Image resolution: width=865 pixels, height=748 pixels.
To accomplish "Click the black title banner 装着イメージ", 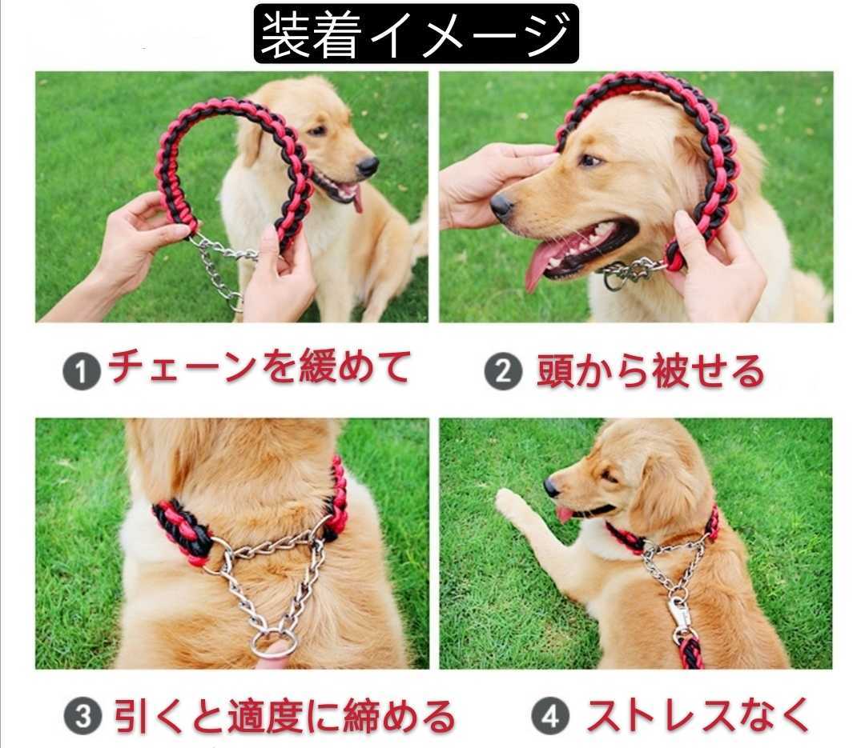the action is coord(416,33).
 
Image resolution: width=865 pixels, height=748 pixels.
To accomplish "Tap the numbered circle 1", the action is coord(82,372).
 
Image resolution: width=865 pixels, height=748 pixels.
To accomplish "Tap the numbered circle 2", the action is coord(503,371).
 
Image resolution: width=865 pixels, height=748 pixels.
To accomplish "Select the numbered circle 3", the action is coord(82,717).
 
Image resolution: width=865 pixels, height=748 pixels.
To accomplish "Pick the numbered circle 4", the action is coord(550,717).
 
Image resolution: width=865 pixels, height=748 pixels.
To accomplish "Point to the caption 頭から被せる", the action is coord(651,370).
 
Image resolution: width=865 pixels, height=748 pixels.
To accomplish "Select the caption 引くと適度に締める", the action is coord(284,716).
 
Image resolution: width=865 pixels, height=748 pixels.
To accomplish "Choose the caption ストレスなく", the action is coord(698,716).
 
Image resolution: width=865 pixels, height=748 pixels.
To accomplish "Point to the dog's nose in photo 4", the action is coord(551,486).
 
